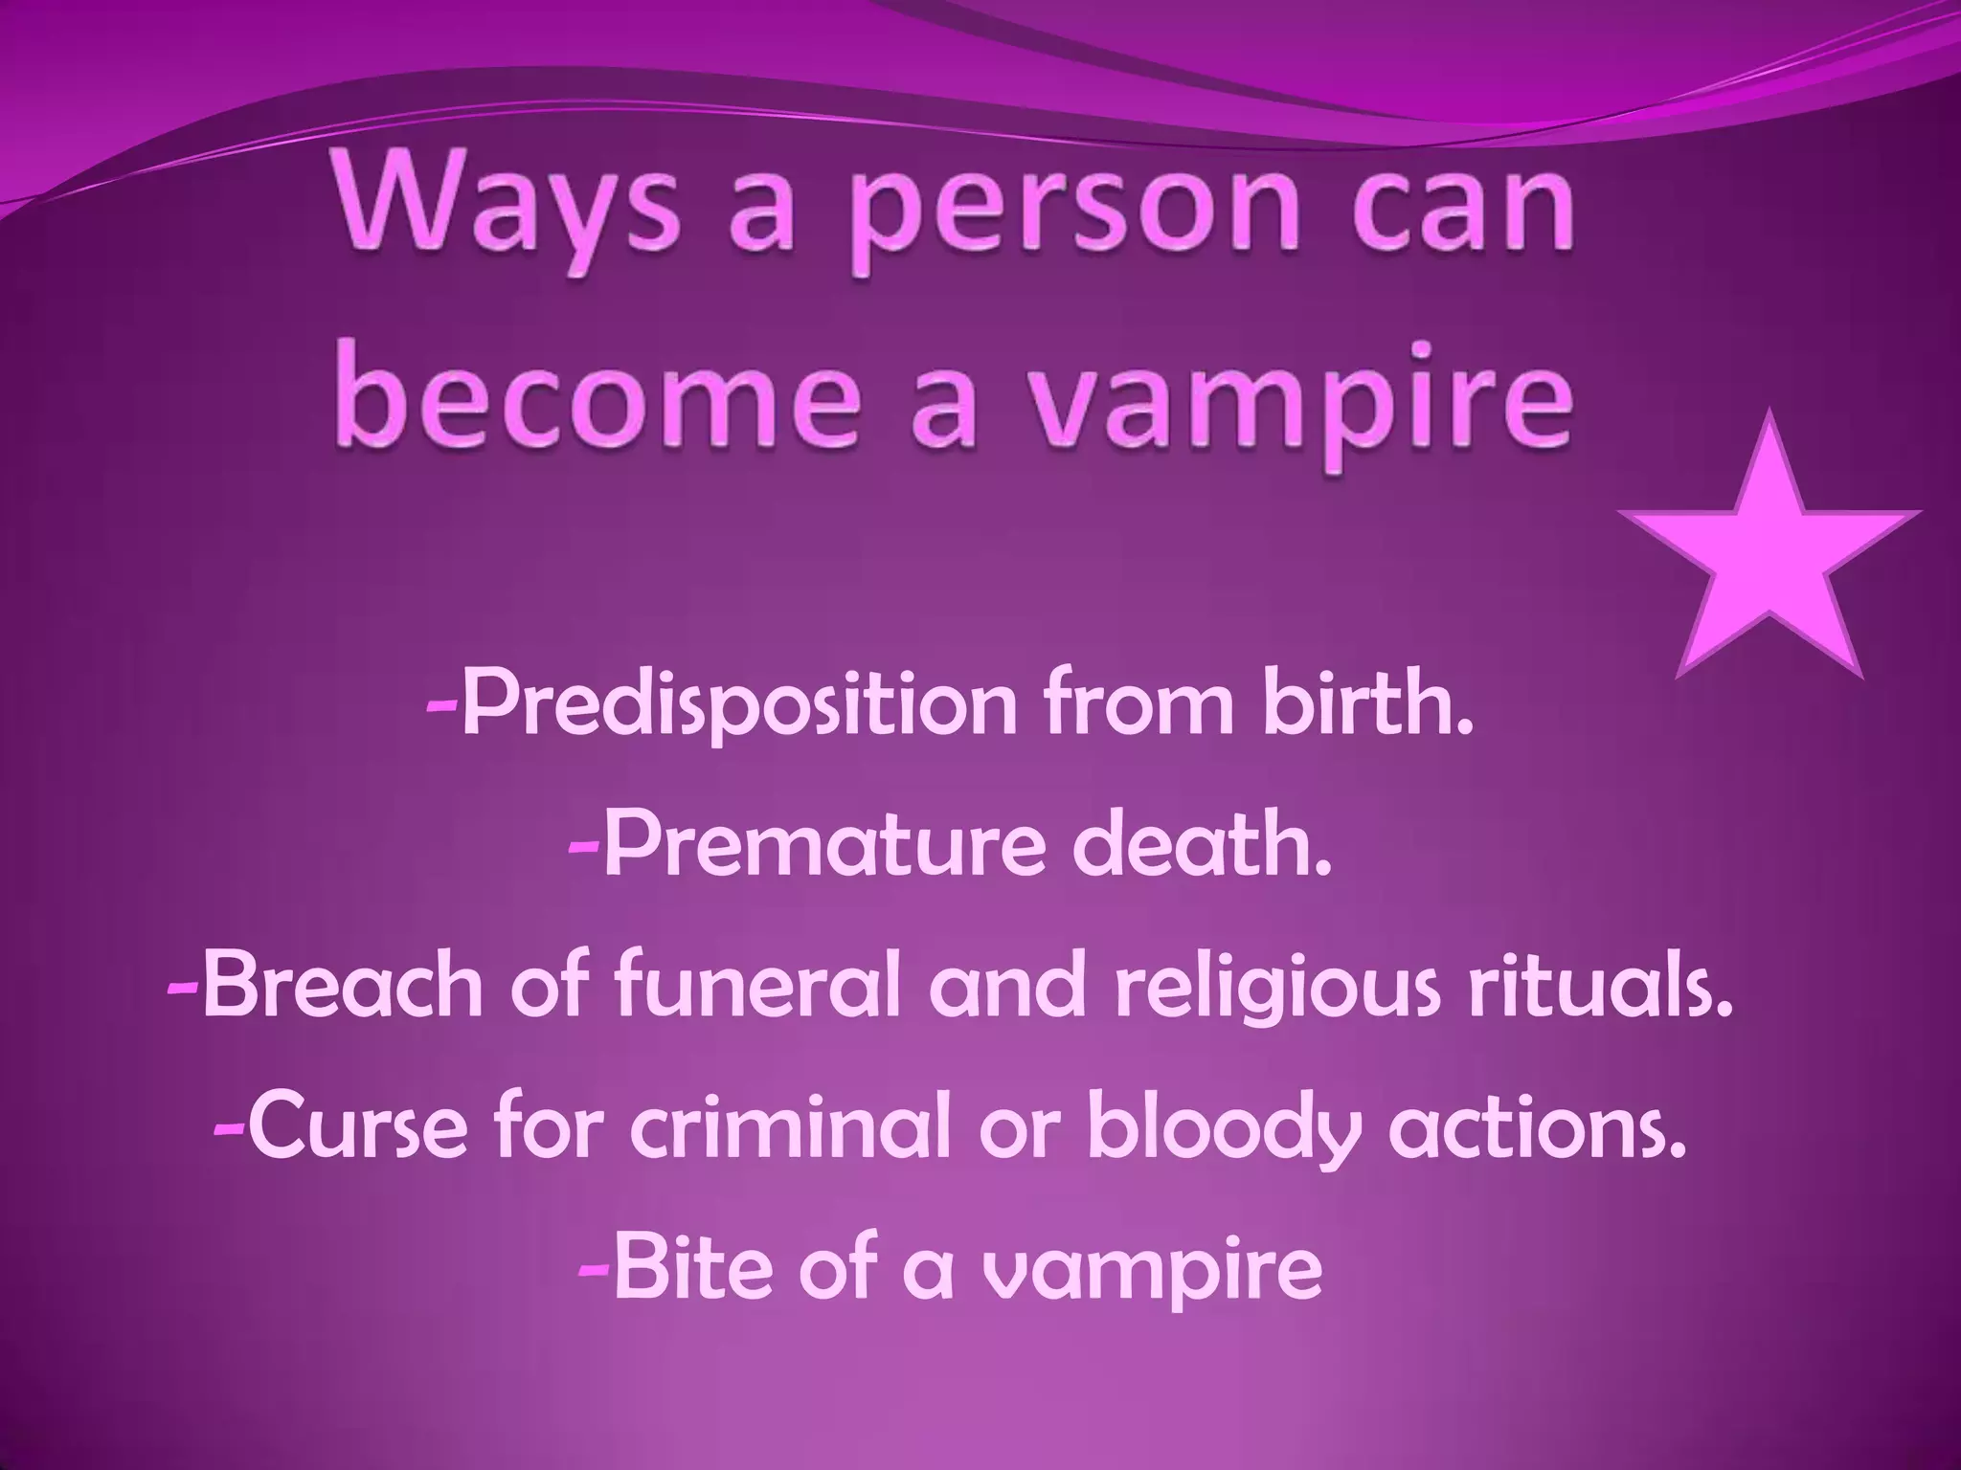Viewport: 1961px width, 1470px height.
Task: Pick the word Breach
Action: (344, 986)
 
